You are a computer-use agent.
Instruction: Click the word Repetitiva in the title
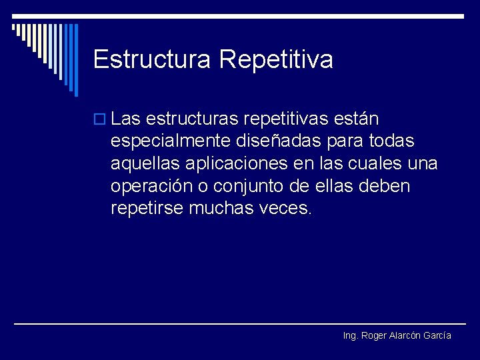point(276,59)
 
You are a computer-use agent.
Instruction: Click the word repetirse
point(147,208)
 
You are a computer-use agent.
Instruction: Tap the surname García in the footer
point(437,335)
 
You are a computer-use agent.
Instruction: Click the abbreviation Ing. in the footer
point(351,336)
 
